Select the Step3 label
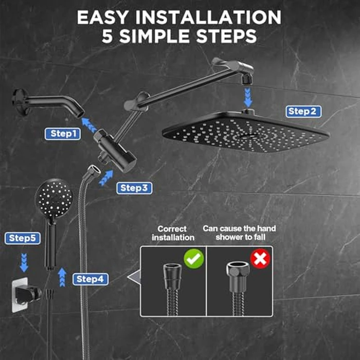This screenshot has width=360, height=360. [134, 188]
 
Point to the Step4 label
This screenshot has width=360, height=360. [91, 279]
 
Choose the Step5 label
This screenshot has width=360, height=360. [22, 238]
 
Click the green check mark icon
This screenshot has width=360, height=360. [194, 258]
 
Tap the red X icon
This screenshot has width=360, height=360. [260, 258]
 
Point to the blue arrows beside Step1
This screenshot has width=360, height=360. [89, 124]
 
